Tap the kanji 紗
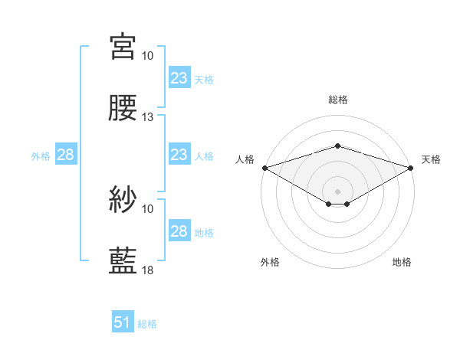coord(123,200)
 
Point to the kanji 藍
coord(123,261)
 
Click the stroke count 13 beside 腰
coord(148,117)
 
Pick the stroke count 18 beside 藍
coord(148,270)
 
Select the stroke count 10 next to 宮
coord(148,56)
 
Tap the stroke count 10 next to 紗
coord(148,208)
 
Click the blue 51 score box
coord(123,323)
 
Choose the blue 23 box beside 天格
coord(179,78)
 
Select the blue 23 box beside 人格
coord(179,155)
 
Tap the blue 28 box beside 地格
coord(179,231)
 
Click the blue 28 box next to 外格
coord(65,155)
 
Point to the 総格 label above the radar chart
coord(337,100)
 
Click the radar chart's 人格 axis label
coord(245,159)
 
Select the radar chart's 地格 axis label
coord(402,262)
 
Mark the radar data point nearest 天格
coord(411,167)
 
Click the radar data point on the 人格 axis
coord(264,167)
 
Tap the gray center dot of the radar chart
coord(337,191)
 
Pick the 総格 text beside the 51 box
coord(147,324)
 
